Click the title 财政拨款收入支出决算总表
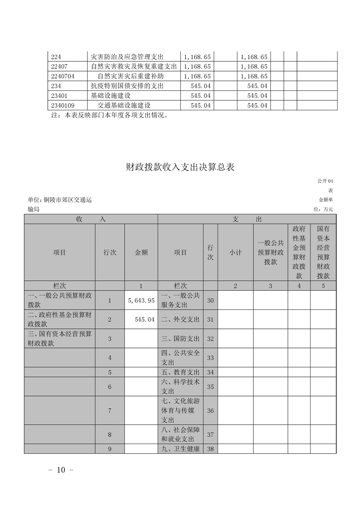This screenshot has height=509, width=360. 180,167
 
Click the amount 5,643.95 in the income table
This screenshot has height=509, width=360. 142,300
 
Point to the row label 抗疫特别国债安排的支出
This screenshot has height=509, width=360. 127,86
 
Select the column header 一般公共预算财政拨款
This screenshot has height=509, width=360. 270,252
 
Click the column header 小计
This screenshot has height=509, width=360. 235,252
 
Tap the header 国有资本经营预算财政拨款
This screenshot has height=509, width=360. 323,252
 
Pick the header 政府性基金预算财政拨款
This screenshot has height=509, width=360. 299,252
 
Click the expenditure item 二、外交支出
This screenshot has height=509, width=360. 180,319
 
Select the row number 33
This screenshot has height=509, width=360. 210,357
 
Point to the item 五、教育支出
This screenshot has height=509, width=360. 180,372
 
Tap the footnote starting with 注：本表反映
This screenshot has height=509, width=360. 111,115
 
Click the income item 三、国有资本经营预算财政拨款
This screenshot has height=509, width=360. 59,338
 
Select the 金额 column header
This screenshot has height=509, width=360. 141,252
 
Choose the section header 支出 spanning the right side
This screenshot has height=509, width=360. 247,219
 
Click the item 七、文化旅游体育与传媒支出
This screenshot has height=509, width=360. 180,410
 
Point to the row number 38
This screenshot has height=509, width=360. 210,449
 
